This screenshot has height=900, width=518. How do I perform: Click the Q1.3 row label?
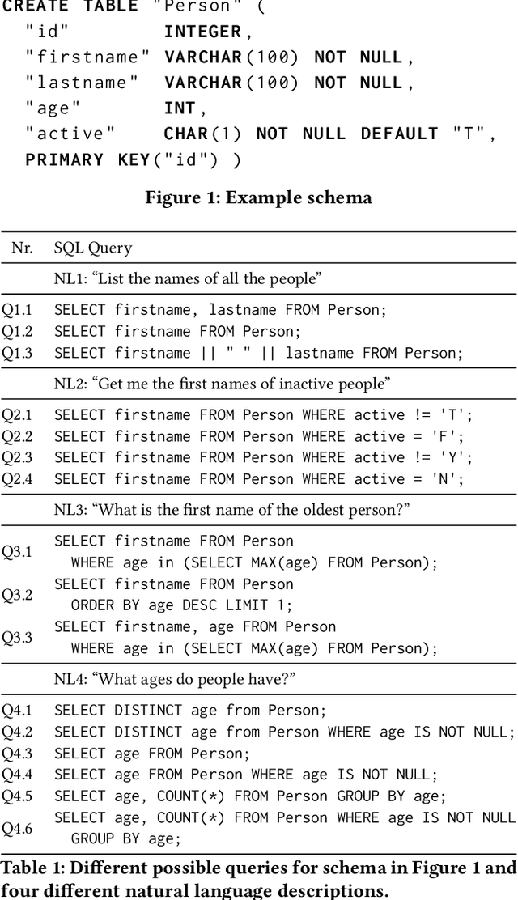tap(16, 353)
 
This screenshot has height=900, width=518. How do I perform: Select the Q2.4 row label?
tap(16, 479)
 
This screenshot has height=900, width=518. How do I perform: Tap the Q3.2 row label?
tap(16, 595)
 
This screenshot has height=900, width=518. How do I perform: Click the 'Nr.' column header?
tap(22, 248)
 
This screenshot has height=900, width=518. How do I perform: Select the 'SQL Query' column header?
tap(93, 248)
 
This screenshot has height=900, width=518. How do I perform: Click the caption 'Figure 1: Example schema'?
tap(258, 198)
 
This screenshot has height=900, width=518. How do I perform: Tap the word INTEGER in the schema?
tap(202, 32)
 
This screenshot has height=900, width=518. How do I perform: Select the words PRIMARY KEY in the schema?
tap(87, 159)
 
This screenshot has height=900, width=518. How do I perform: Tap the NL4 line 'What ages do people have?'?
tap(175, 680)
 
